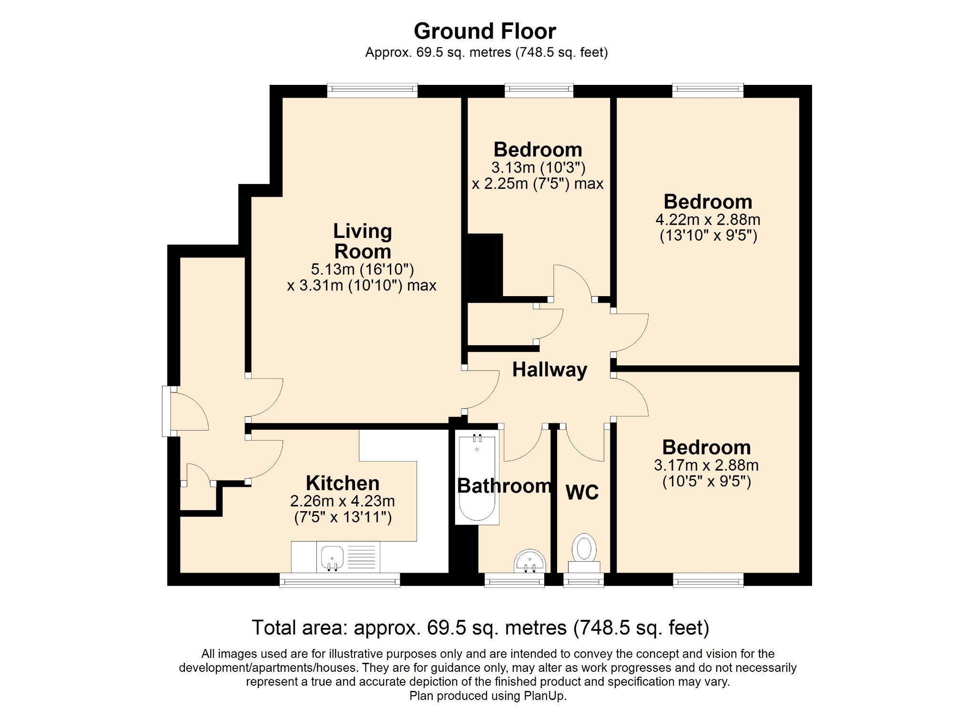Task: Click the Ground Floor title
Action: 485,31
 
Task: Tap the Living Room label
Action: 363,241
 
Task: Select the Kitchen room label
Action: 343,483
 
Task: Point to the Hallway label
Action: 549,370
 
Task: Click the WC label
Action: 582,492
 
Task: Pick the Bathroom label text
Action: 504,486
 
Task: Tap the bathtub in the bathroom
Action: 477,477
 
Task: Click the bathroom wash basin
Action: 529,561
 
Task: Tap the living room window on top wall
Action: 372,91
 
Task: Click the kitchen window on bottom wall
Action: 340,580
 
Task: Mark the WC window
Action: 584,580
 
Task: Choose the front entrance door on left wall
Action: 166,411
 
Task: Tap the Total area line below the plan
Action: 480,628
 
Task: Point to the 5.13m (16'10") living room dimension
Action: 362,269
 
